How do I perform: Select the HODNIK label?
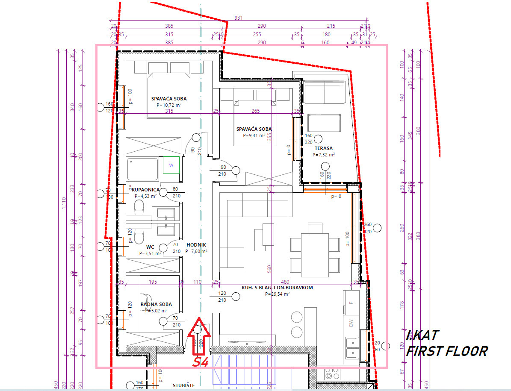pos(196,245)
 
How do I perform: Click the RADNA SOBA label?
pos(156,304)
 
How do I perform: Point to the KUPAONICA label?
pos(146,189)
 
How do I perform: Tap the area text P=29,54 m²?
pos(277,294)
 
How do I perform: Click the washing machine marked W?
pos(171,165)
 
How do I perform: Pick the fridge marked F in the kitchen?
pos(351,303)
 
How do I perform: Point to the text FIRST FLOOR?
pos(446,352)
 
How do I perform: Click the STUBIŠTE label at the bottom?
pos(184,385)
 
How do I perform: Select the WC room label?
pos(150,247)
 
